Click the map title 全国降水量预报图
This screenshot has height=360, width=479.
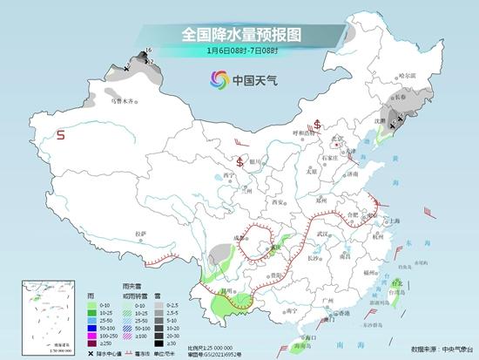tap(240, 35)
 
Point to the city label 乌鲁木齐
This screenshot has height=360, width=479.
tap(122, 101)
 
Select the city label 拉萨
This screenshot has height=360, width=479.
tap(141, 234)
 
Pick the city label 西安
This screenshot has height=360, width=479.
tap(280, 201)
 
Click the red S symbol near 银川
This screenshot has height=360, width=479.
tap(239, 161)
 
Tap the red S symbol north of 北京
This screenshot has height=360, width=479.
tap(318, 123)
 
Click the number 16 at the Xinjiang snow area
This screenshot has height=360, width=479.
tap(148, 51)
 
